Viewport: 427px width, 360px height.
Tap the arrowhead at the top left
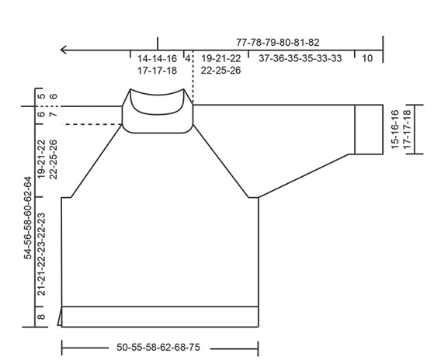tap(64, 50)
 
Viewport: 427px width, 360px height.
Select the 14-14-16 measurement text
tap(157, 59)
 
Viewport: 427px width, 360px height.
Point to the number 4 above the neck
tap(187, 59)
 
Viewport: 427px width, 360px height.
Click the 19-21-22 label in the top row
tap(221, 59)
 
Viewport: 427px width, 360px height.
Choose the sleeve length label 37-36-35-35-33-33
tap(300, 59)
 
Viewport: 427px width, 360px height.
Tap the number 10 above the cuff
tap(367, 59)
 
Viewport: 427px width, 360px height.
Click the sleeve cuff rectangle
tap(369, 129)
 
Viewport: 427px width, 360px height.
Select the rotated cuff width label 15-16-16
tap(395, 129)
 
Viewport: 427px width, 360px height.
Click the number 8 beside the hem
tap(41, 317)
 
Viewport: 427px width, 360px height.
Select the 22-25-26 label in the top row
tap(221, 71)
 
